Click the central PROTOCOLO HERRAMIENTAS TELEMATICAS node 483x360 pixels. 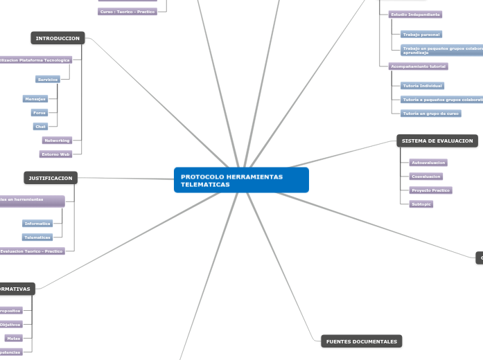coord(240,180)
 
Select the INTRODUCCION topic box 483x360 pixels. coord(58,38)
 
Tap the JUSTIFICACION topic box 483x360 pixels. coord(51,178)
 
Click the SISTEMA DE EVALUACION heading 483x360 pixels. coord(437,141)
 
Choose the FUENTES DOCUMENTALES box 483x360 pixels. coord(361,341)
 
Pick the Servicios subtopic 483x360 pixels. coord(48,80)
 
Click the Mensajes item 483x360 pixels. coord(35,99)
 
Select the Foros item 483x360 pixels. coord(39,112)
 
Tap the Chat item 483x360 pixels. coord(41,127)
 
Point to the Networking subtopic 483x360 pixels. coord(57,141)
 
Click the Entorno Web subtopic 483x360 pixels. coord(55,154)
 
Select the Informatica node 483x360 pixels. coord(37,224)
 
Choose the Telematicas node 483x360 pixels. coord(37,237)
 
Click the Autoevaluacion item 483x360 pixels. coord(428,163)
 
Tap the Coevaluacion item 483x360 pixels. coord(426,177)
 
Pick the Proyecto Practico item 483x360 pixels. coord(430,190)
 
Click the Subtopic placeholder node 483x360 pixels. coord(421,204)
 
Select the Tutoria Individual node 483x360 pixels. coord(422,86)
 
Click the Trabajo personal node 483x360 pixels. coord(421,34)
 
